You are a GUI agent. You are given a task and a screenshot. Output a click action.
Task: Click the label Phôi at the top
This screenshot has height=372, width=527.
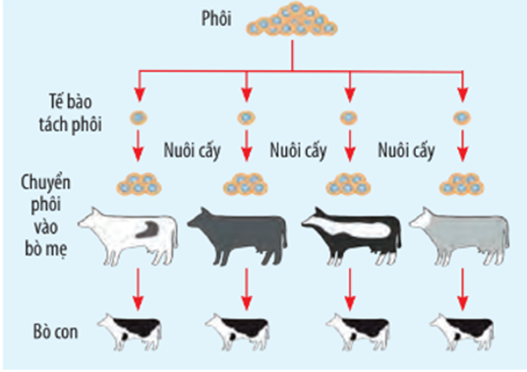(x=216, y=18)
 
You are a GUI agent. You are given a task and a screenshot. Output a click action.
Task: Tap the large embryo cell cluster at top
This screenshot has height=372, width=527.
(x=292, y=20)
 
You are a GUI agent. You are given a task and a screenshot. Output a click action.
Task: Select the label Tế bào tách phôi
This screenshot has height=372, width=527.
(x=71, y=113)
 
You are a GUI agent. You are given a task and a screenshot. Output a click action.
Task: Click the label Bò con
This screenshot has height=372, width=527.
(x=55, y=332)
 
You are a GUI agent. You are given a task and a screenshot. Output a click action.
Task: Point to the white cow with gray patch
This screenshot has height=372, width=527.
(x=129, y=235)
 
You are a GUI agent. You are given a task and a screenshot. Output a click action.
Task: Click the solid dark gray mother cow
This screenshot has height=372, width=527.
(x=237, y=235)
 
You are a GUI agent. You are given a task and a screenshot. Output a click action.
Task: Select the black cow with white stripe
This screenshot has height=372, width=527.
(x=351, y=235)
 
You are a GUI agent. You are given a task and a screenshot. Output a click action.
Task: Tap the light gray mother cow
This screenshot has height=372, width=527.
(x=459, y=235)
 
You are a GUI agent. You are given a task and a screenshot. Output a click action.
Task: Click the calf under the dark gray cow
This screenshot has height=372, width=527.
(x=237, y=332)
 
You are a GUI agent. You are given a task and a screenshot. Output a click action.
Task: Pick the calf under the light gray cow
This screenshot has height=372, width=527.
(x=462, y=332)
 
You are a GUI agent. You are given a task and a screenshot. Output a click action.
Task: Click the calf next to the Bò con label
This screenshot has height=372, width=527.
(x=130, y=332)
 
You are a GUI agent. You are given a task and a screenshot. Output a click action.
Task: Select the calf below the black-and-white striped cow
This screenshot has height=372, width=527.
(x=358, y=332)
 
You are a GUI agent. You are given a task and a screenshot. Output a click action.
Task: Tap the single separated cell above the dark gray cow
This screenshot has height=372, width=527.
(x=247, y=118)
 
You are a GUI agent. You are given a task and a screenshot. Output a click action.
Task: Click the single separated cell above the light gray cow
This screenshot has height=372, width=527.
(x=462, y=118)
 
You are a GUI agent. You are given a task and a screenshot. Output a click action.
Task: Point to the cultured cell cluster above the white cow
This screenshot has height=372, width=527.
(x=139, y=184)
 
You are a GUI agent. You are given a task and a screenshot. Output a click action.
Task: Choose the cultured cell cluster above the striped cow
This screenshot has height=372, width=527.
(x=348, y=184)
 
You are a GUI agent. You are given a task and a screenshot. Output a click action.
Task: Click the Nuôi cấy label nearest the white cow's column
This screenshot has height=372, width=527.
(x=192, y=150)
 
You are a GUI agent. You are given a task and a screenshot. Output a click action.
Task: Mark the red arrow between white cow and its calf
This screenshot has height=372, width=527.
(x=138, y=289)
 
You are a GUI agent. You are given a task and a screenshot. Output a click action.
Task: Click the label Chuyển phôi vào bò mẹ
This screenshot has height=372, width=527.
(x=46, y=216)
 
